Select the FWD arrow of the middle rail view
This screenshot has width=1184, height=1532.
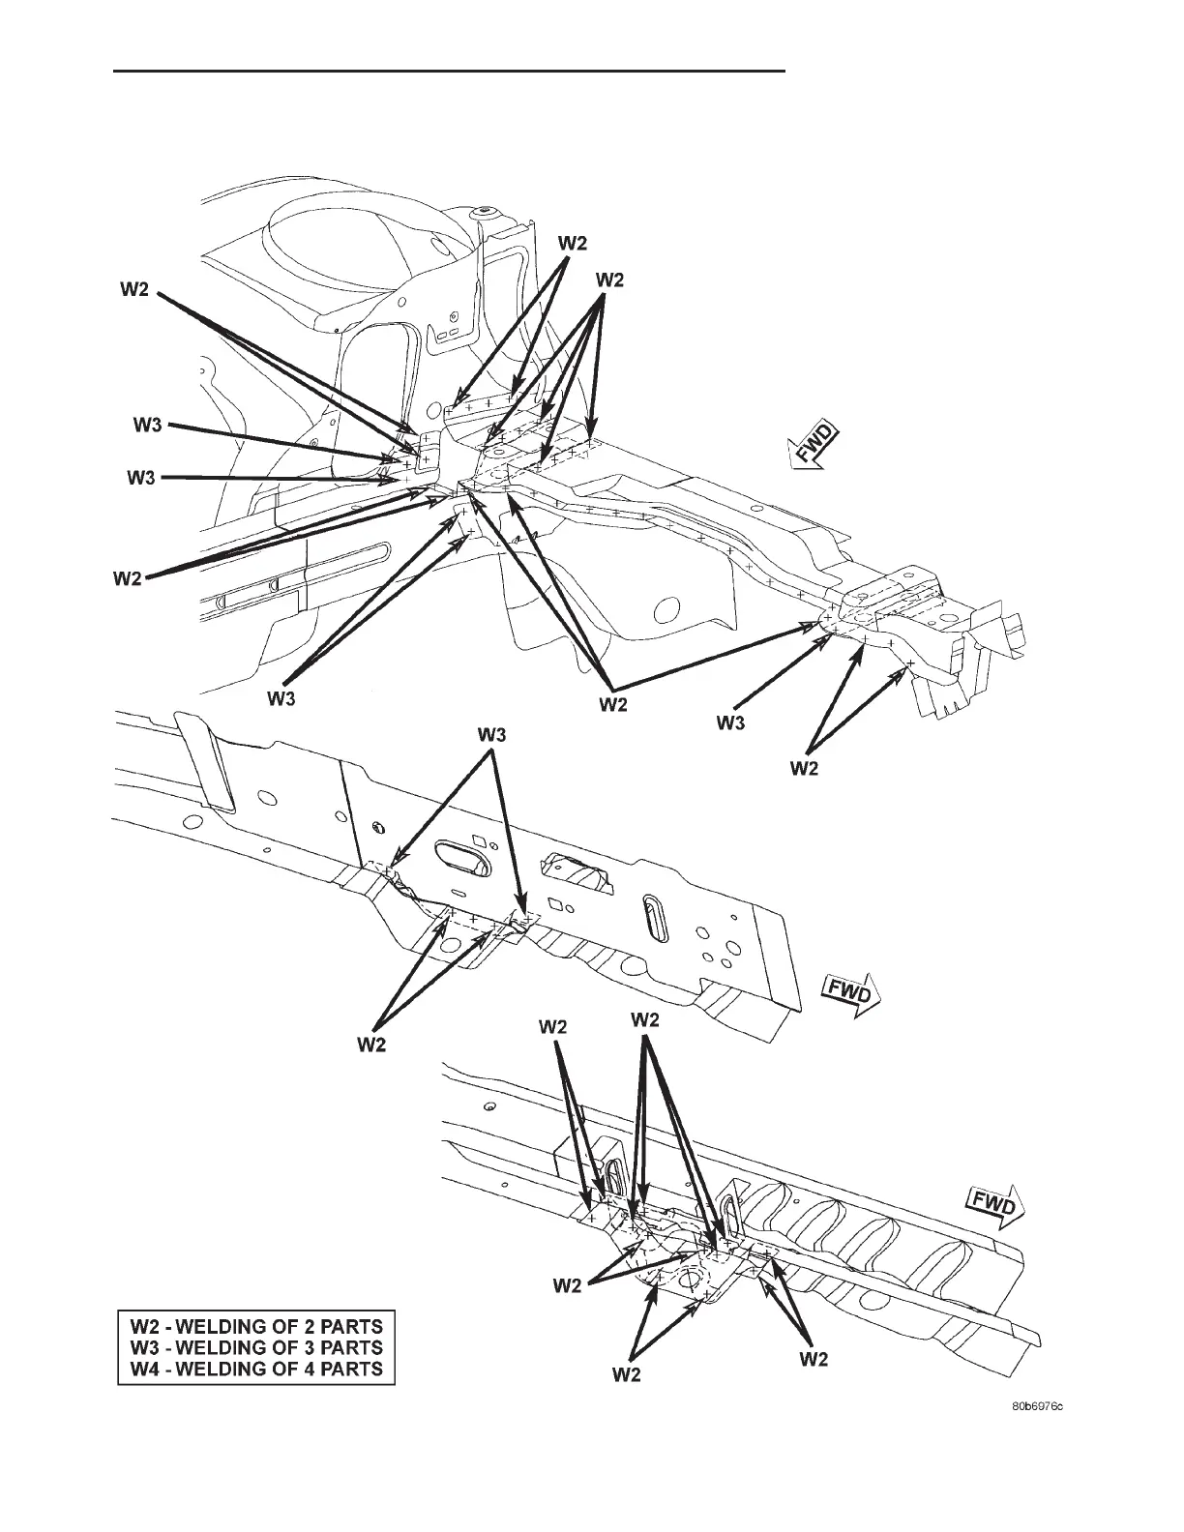848,993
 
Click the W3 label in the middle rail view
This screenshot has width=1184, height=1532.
491,737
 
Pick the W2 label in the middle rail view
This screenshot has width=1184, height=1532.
372,1044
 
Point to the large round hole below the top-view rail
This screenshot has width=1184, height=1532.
664,610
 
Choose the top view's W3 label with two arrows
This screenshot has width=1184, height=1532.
281,700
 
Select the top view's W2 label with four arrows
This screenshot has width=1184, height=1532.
609,280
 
